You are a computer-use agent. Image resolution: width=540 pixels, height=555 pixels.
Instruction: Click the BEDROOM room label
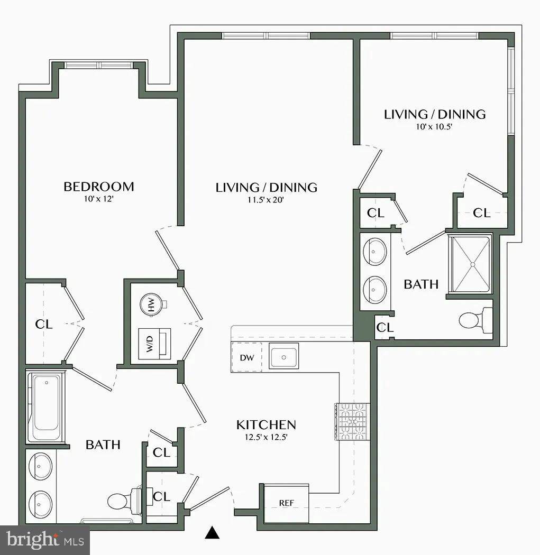[x=98, y=187]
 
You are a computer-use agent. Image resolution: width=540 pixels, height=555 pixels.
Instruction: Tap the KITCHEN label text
[x=266, y=424]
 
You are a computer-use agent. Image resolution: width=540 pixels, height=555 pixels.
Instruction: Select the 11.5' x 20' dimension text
[x=266, y=200]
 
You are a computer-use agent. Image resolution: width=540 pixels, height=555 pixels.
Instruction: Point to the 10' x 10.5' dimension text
[x=434, y=126]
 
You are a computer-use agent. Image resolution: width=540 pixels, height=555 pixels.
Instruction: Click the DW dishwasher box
[x=247, y=358]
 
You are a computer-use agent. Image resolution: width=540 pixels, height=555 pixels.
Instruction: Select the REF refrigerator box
[x=286, y=503]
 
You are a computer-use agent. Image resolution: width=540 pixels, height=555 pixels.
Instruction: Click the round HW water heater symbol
[x=151, y=306]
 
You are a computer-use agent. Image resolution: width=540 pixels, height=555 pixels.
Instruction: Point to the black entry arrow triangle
[x=212, y=533]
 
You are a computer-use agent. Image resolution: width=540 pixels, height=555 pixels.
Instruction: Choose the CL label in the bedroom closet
[x=44, y=324]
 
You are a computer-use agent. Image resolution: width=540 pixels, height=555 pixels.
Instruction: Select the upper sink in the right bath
[x=376, y=252]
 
